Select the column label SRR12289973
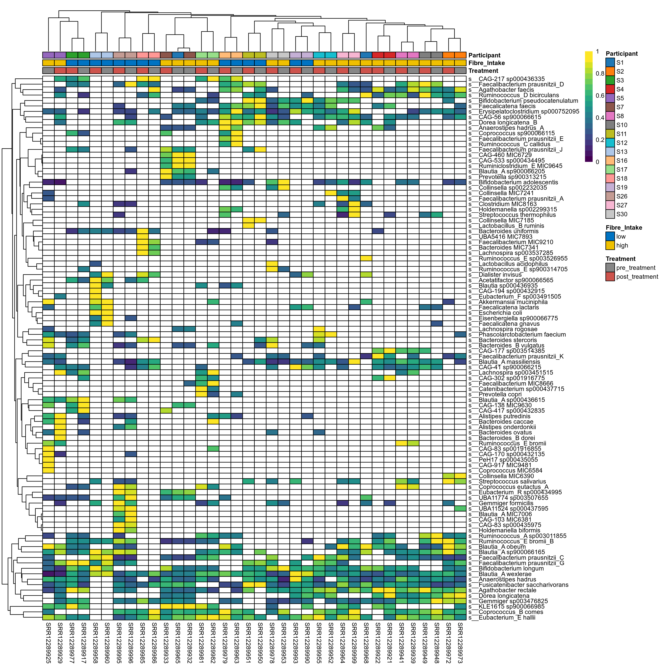[x=460, y=642]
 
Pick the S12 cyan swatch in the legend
[x=610, y=143]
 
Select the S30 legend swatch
[x=610, y=214]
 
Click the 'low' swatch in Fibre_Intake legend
[x=610, y=237]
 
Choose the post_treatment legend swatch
[x=610, y=277]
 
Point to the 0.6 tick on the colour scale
[x=600, y=96]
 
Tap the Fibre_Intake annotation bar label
[x=487, y=63]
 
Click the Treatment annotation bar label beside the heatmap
[x=483, y=71]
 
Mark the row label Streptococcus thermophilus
[x=517, y=215]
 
